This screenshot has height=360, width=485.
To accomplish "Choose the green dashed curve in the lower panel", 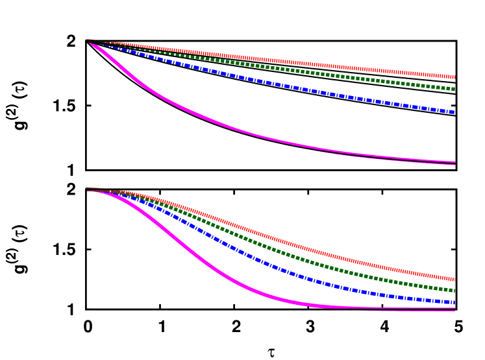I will coord(292,256).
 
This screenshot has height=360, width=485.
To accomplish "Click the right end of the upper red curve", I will coord(454,77).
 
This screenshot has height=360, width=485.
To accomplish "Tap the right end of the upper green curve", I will coord(454,88).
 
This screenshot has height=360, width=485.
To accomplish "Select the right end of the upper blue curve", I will coord(453,112).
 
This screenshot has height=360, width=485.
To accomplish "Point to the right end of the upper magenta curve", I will coord(454,163).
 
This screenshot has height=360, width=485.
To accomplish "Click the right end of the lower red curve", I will coord(454,279).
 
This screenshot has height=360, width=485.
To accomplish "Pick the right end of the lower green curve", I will coord(454,290).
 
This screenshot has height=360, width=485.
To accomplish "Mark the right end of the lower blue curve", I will coord(453,302).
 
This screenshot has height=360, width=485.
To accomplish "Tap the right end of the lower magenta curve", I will coord(454,309).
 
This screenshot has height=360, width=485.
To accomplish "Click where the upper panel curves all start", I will coord(87,40).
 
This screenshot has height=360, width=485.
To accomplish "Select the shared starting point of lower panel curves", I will coord(87,189).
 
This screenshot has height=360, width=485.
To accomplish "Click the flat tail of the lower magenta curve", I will coord(390,307).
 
